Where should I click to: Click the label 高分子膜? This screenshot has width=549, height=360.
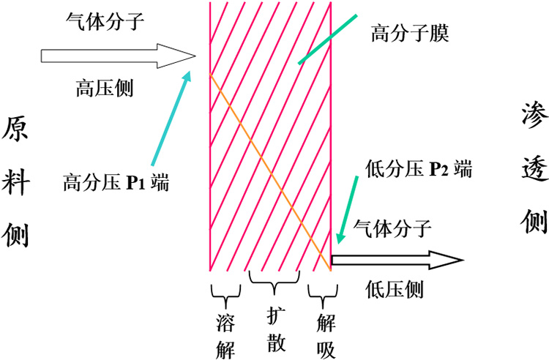click(x=409, y=33)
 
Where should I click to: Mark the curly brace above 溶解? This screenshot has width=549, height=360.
click(x=225, y=295)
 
